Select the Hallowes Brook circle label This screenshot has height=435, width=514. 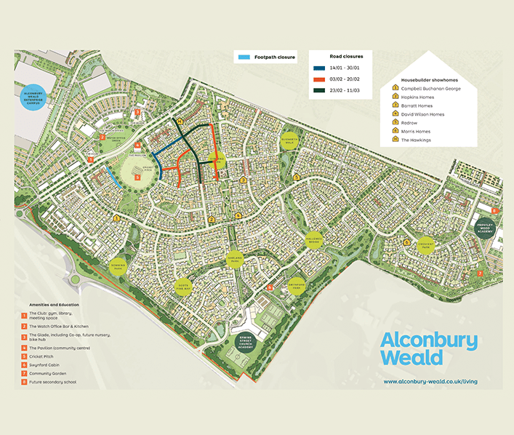tap(314, 242)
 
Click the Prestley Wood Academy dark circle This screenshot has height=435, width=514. tap(486, 226)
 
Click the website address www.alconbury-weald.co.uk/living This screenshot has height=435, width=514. tap(430, 381)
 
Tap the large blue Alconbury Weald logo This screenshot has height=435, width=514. tap(429, 349)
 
